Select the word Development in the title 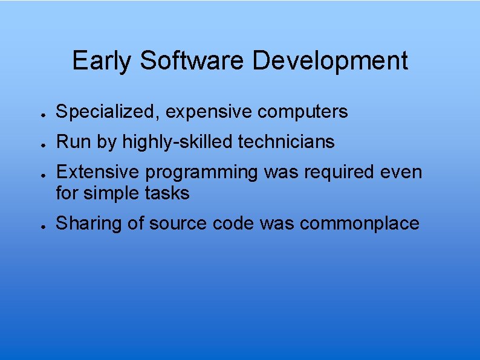[330, 61]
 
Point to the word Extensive [97, 172]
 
